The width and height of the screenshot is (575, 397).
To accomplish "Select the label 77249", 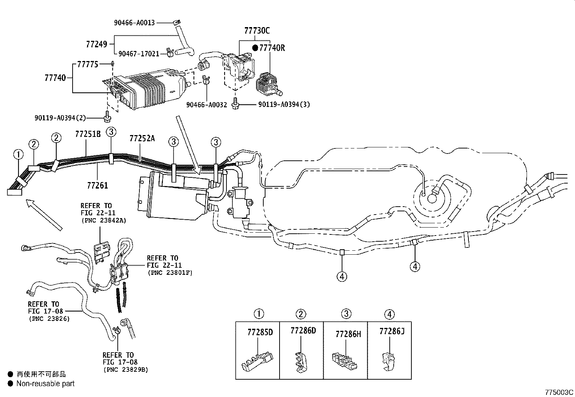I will click(x=96, y=44).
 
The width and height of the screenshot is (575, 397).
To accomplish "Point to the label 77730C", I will click(x=257, y=31).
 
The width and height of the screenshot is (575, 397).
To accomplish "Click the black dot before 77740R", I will click(x=255, y=48).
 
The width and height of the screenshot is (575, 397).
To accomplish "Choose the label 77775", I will click(x=87, y=64).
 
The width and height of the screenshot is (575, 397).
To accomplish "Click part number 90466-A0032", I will click(x=207, y=105).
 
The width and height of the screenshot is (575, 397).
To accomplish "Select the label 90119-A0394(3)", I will click(x=284, y=105).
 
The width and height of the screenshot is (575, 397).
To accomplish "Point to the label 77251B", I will click(x=88, y=134).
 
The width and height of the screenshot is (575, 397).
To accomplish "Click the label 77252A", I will click(x=142, y=138).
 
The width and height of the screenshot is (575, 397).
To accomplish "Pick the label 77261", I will click(x=98, y=186).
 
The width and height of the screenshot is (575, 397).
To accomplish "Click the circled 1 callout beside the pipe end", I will click(x=18, y=155).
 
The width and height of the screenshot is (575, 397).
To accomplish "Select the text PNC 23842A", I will click(x=103, y=220).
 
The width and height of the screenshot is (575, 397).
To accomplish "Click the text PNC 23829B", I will click(x=125, y=370).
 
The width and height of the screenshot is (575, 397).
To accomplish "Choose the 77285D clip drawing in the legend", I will click(x=257, y=362).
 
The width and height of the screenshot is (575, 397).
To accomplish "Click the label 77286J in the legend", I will click(x=392, y=331).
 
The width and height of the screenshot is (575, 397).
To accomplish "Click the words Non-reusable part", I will click(x=46, y=384).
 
